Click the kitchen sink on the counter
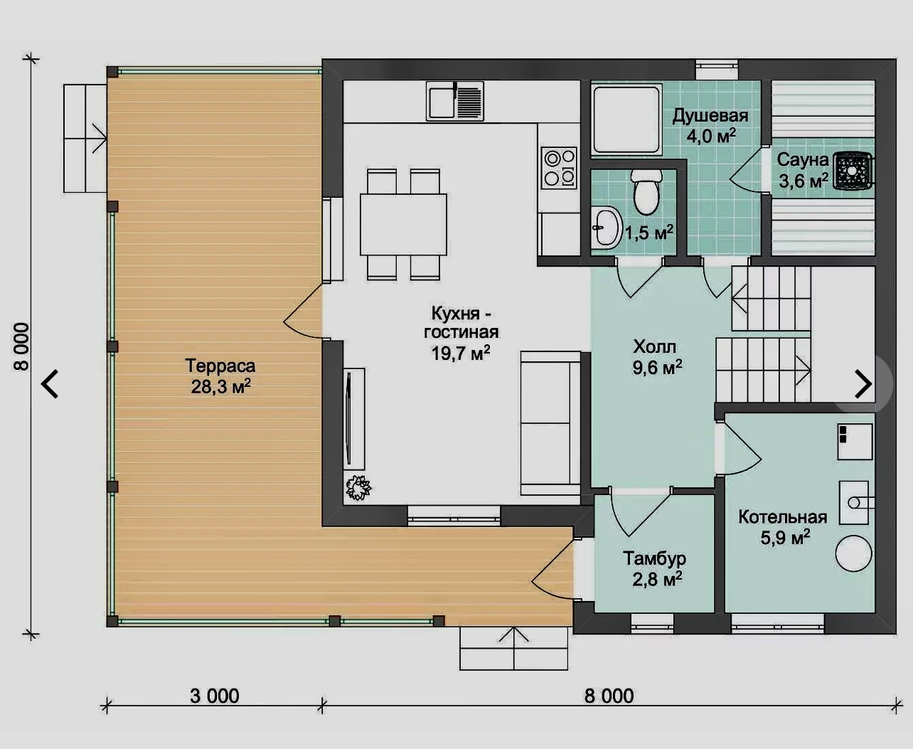[x=455, y=101]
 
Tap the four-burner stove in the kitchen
[x=559, y=168]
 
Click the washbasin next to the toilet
[x=607, y=227]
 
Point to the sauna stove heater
[x=852, y=171]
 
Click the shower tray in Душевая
[x=627, y=119]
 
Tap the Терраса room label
[x=220, y=366]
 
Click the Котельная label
[x=783, y=517]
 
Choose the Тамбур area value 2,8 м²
[x=658, y=579]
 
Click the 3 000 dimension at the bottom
[x=215, y=696]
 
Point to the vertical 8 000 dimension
[x=21, y=346]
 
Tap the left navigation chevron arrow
[x=50, y=383]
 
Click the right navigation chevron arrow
[x=864, y=383]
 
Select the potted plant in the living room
[x=358, y=488]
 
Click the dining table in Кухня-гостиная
[x=403, y=225]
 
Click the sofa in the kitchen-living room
[x=550, y=423]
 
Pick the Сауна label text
[x=803, y=160]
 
